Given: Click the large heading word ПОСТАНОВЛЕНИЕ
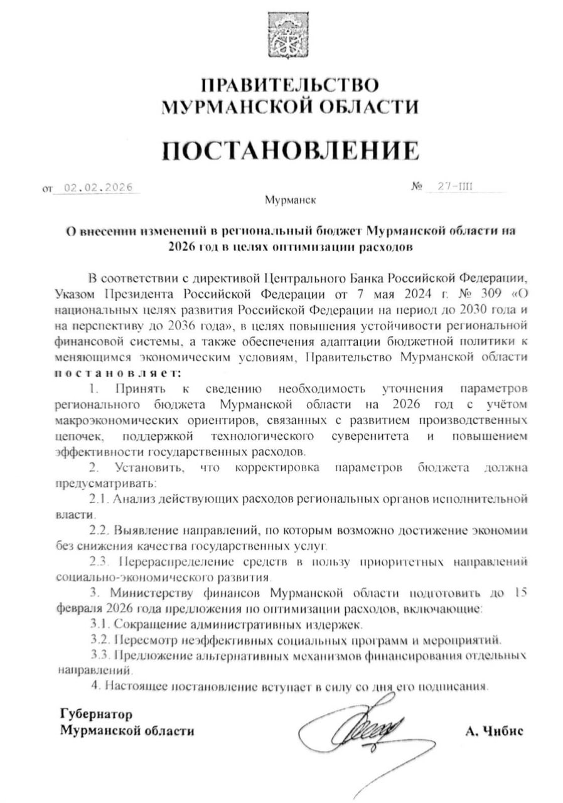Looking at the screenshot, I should coord(289,151).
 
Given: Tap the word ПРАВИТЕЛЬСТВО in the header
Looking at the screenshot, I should coord(290,85).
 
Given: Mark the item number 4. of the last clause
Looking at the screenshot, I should coord(95,686).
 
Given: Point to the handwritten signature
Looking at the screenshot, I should coord(364,734).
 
